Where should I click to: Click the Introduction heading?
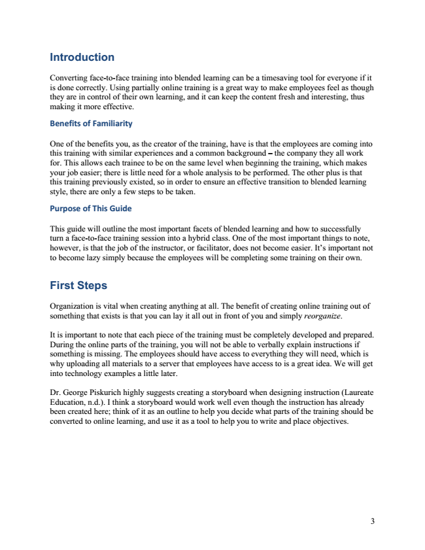coord(82,58)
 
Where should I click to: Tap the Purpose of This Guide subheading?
coord(91,209)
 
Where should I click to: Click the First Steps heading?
coord(78,286)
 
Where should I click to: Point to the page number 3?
coord(372,521)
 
